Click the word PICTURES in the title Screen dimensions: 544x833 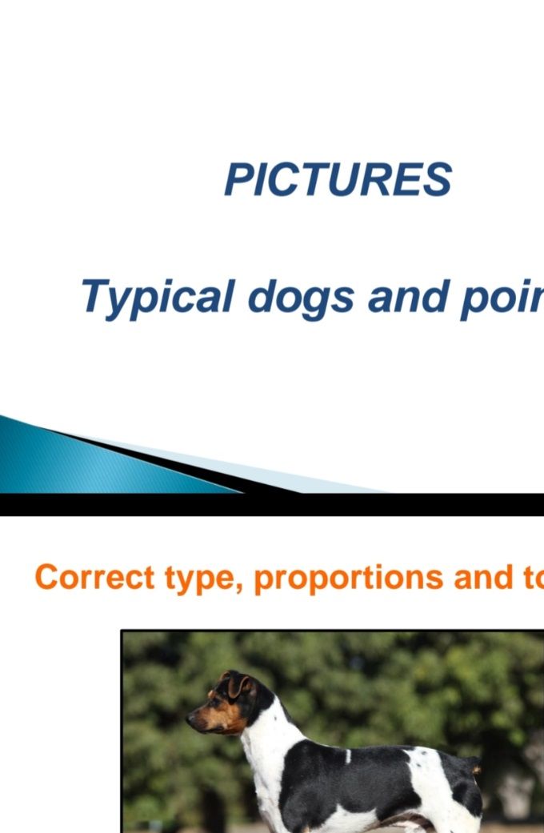[x=338, y=179]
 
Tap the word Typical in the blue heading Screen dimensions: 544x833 [x=158, y=298]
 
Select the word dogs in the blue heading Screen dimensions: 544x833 [x=301, y=298]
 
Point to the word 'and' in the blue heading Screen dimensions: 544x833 [x=407, y=296]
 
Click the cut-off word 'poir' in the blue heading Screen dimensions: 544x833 [x=502, y=298]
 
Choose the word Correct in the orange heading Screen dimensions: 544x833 [x=94, y=577]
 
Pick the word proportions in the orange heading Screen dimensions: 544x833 [x=349, y=579]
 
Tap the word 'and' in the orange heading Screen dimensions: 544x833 [x=483, y=577]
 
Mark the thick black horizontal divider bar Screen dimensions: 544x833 [x=272, y=505]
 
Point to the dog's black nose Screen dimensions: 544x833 [x=190, y=719]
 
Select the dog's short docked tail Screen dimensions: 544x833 [x=475, y=768]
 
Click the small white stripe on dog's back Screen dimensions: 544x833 [x=349, y=756]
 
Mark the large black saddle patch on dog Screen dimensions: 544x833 [x=350, y=781]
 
